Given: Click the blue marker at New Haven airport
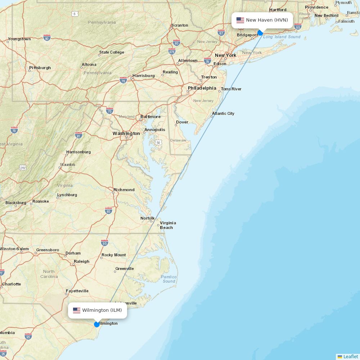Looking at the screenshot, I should tap(260, 33).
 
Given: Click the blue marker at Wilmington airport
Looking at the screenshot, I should tap(97, 324).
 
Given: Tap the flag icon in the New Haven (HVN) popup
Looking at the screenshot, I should tap(240, 20).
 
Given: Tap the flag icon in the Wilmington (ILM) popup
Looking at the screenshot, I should tap(77, 310).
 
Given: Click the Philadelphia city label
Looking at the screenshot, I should tap(202, 88).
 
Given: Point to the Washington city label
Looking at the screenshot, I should tap(126, 134).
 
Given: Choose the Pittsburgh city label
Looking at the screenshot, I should tap(40, 68).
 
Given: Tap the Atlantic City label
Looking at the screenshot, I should tap(223, 113).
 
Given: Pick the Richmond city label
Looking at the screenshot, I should tap(124, 190).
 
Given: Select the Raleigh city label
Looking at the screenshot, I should tap(81, 261).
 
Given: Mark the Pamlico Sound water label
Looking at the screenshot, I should tap(168, 279).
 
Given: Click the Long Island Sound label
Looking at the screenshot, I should tap(282, 37).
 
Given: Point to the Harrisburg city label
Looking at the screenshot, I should tap(143, 76).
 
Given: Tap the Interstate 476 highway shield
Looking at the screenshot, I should tap(172, 52).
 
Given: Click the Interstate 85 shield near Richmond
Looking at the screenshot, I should tap(108, 210).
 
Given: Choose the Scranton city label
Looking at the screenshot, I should tap(180, 25).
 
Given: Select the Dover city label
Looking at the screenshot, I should tap(182, 122).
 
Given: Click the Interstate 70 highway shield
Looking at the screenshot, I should tap(110, 111).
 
